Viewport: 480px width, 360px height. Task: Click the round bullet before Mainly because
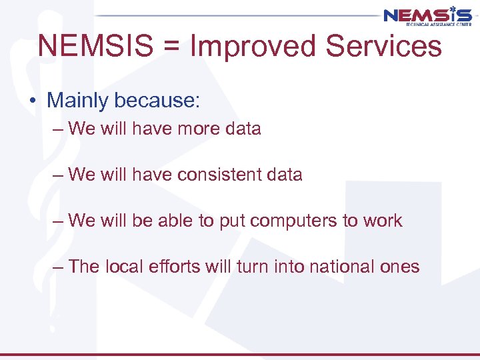(x=32, y=101)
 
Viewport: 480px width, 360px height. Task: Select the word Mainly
(x=77, y=101)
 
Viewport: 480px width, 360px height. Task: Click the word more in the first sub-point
(x=199, y=129)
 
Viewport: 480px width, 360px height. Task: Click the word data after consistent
(x=285, y=175)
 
